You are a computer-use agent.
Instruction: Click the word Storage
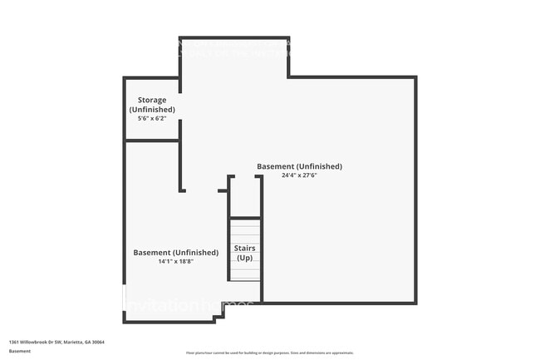coord(152,100)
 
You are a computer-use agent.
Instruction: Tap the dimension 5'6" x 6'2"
coord(152,119)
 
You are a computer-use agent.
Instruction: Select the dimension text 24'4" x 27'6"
coord(299,175)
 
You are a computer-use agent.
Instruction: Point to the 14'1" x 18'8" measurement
coord(176,262)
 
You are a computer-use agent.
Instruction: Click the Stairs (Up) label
coord(245,253)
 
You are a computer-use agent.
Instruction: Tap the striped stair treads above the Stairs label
coord(245,229)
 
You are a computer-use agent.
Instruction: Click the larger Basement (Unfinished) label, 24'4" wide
coord(299,166)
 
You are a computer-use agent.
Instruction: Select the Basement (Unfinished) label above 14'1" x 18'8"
coord(176,252)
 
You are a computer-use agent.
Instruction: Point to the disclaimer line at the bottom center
coord(269,353)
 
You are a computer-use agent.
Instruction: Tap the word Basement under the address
coord(20,351)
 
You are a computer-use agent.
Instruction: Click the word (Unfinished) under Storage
coord(152,110)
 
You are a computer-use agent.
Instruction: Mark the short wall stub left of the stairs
coord(223,190)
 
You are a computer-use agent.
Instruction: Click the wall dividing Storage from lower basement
coord(152,141)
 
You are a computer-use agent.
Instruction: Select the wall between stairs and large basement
coord(262,241)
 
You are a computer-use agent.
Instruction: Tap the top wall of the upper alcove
coord(234,38)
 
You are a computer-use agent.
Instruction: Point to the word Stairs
coord(245,248)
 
